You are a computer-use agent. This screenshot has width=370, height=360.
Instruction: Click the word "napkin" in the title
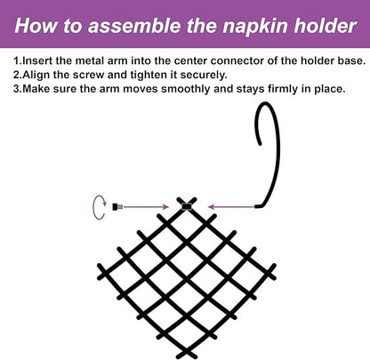coord(255,26)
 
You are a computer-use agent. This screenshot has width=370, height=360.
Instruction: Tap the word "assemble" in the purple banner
coord(134,25)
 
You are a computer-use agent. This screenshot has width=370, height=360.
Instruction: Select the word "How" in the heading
coord(36,25)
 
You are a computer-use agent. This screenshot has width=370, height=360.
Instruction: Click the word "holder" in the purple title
coord(325,25)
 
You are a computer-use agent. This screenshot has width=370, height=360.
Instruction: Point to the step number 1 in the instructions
coord(16,61)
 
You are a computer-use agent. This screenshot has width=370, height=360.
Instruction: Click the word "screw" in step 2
coord(89,75)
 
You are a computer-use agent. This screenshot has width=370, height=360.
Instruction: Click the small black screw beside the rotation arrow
coord(117,207)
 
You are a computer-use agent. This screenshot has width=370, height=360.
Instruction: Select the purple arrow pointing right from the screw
coord(146,207)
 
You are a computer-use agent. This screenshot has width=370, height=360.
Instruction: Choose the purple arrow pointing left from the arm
coord(231,207)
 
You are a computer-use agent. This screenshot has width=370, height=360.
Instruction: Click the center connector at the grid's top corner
coord(187,206)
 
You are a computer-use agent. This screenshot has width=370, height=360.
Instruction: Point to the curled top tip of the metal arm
coord(260,143)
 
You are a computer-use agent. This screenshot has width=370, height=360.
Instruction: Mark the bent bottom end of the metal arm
coord(257,206)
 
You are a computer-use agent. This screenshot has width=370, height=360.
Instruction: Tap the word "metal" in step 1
coord(91,61)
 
